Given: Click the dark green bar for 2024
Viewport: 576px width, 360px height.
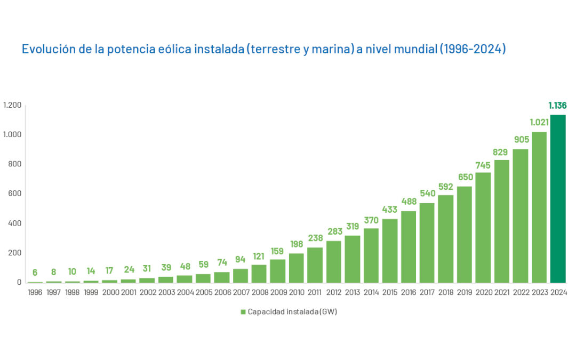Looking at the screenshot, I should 558,198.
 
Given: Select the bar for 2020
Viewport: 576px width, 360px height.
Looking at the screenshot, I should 483,227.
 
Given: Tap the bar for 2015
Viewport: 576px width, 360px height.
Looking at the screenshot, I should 390,251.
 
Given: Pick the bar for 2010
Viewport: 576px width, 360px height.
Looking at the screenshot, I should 297,268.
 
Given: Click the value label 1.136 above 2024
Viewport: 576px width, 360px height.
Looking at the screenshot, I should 557,106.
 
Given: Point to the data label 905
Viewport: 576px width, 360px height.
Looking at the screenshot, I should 521,140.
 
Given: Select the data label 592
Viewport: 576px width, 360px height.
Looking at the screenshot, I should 446,186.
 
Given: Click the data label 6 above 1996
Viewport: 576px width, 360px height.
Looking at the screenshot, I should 35,273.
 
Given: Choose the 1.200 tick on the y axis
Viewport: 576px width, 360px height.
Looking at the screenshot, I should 12,105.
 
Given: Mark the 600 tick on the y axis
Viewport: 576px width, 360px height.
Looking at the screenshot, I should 15,194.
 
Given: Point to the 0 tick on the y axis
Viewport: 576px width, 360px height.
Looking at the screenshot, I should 19,282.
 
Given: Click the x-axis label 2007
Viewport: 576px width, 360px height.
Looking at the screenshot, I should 241,293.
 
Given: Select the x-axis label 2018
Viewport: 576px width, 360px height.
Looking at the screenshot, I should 446,293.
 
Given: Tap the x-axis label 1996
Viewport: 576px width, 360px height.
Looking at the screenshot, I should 35,293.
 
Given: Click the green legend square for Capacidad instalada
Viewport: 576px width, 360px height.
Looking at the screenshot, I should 243,312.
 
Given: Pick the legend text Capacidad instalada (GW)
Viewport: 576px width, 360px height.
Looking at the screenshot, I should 292,312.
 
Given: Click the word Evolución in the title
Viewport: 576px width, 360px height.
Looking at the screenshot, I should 45,49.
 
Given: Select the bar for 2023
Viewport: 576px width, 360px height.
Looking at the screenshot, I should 539,207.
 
